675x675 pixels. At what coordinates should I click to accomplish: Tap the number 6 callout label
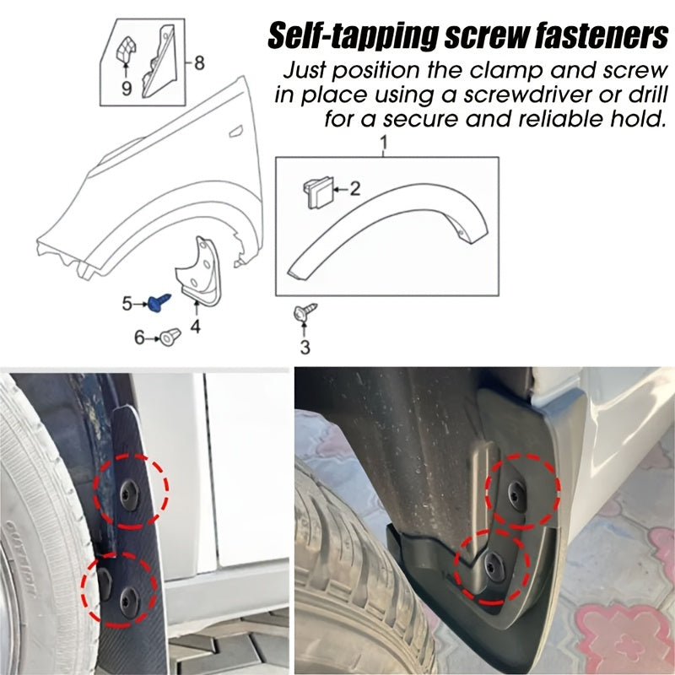pos(140,338)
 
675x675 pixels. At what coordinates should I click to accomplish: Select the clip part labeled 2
pos(313,193)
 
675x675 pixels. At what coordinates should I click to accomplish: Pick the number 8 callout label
pos(199,62)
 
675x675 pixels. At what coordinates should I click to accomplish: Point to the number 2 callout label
pos(355,189)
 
